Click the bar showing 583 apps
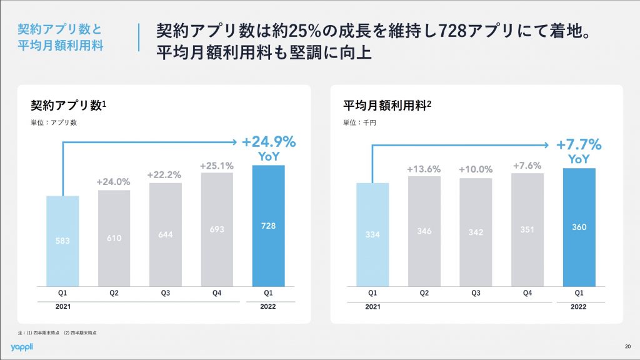tap(62, 240)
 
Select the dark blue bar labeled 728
tap(268, 225)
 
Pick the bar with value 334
tap(372, 234)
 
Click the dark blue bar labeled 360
tap(579, 226)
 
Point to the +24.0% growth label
tap(113, 182)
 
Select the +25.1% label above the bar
tap(216, 166)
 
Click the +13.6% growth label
tap(424, 169)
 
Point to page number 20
tap(627, 347)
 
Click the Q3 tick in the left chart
tap(166, 292)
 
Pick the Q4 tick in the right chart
tap(527, 292)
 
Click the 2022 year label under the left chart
tap(267, 306)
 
